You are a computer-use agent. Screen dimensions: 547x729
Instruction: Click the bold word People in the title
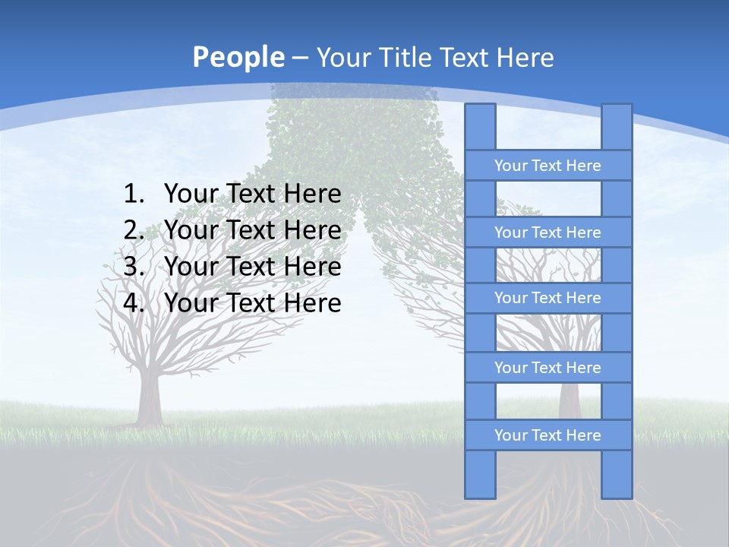tap(238, 57)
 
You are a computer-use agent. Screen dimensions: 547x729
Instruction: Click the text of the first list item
tap(252, 194)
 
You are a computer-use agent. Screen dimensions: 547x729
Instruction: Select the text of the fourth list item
tap(252, 303)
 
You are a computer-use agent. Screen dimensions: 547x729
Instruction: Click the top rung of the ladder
tap(548, 166)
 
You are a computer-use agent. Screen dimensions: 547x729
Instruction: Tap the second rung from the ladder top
tap(548, 232)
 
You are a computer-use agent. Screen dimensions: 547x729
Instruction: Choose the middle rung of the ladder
tap(548, 298)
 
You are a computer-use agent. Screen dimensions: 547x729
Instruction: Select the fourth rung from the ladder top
tap(548, 368)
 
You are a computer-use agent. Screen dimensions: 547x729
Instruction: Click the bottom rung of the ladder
tap(548, 435)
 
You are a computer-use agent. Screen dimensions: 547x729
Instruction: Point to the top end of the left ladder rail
tap(480, 109)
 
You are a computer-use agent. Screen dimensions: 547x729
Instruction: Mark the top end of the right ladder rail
tap(617, 109)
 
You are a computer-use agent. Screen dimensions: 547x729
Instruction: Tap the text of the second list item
tap(252, 230)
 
